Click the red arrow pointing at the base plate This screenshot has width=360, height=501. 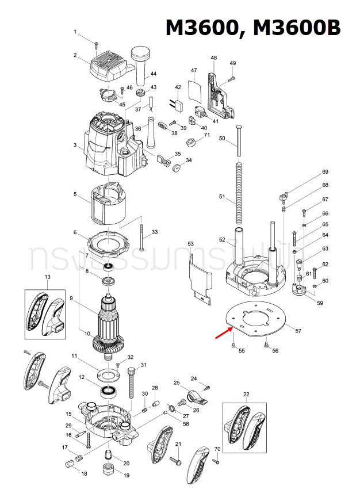[223, 332]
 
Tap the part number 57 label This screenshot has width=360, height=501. [298, 331]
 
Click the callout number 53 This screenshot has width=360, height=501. [191, 244]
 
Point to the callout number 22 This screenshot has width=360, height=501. [246, 393]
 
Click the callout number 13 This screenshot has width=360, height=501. [47, 277]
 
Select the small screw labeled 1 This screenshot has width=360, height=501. [97, 43]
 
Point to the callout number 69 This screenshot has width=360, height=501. [325, 172]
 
